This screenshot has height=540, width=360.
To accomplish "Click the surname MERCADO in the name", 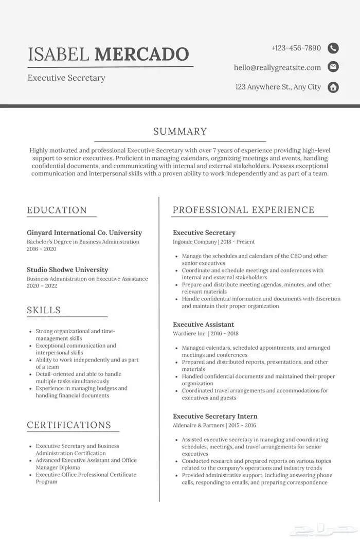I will point(142,53).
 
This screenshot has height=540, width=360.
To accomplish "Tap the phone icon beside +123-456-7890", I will point(333,48).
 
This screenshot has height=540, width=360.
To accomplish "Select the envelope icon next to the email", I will point(333,67).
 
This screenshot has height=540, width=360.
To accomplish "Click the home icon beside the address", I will point(333,87).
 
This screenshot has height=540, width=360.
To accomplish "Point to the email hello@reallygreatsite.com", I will point(277,67).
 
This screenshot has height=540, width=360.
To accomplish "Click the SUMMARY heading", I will point(180,132).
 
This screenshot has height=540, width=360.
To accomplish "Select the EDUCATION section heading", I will point(57,210).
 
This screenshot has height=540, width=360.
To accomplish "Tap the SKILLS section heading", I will point(44,310).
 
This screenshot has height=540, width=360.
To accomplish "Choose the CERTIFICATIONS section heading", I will point(69,425).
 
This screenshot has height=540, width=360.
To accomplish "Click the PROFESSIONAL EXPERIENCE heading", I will point(243,210).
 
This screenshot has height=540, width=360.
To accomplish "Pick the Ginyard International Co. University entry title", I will point(84,233).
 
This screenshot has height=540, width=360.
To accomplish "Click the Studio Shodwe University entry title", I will point(67,269).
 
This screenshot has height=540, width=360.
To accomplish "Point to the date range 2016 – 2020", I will point(42,249).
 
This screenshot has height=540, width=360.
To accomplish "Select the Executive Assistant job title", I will point(203,325).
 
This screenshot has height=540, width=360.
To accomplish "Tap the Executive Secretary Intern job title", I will point(215,416).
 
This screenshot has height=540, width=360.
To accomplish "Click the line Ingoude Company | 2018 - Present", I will point(213,242).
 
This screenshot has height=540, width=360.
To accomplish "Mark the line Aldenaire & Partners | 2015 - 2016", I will point(214,425).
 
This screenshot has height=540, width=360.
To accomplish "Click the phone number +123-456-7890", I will point(296,48).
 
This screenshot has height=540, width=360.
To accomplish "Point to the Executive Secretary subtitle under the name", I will point(66,78).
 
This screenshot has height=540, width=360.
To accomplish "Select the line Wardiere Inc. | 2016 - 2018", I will point(205,333).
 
